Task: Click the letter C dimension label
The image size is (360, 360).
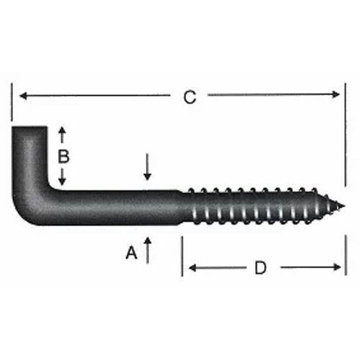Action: coord(189,97)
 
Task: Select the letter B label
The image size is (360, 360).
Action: coord(63,156)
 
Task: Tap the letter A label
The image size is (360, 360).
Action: coord(131,252)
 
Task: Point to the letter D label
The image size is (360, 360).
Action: coord(261,268)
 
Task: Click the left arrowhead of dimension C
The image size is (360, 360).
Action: coord(22,95)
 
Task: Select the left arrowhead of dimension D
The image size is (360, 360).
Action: coord(192,268)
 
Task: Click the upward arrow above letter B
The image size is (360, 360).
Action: coord(63,132)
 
